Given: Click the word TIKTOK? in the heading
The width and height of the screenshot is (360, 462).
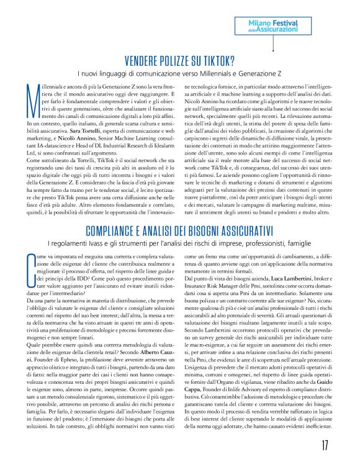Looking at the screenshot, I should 218,60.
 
